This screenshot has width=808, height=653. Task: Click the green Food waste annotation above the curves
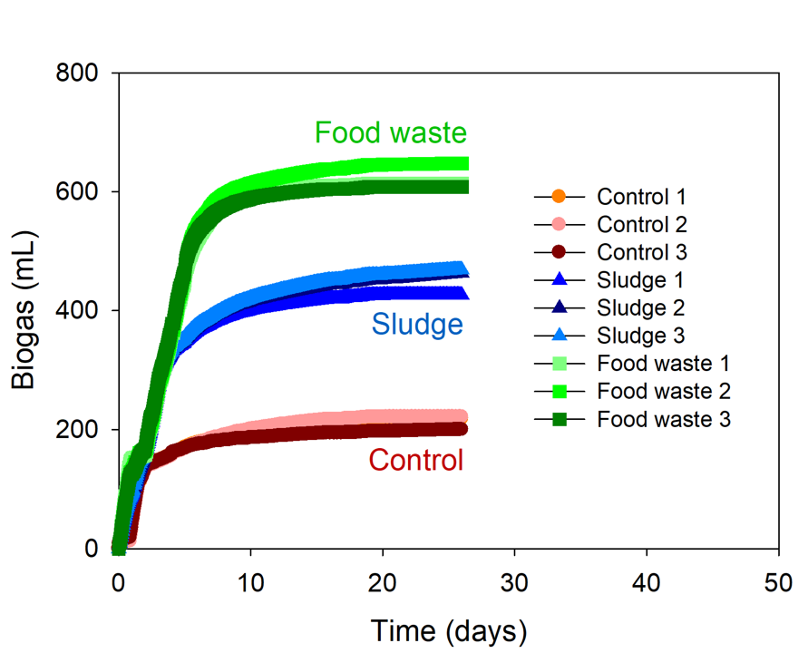click(x=390, y=133)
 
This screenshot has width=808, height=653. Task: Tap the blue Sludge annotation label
click(x=416, y=324)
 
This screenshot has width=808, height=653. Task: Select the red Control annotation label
click(x=415, y=461)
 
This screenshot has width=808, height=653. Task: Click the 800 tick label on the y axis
click(x=80, y=73)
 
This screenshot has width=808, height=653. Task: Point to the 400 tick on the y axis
click(x=80, y=311)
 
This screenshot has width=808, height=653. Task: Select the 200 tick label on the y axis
click(x=80, y=430)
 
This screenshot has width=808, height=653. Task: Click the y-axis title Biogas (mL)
click(x=24, y=310)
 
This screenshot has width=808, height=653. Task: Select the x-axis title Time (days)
click(x=448, y=628)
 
